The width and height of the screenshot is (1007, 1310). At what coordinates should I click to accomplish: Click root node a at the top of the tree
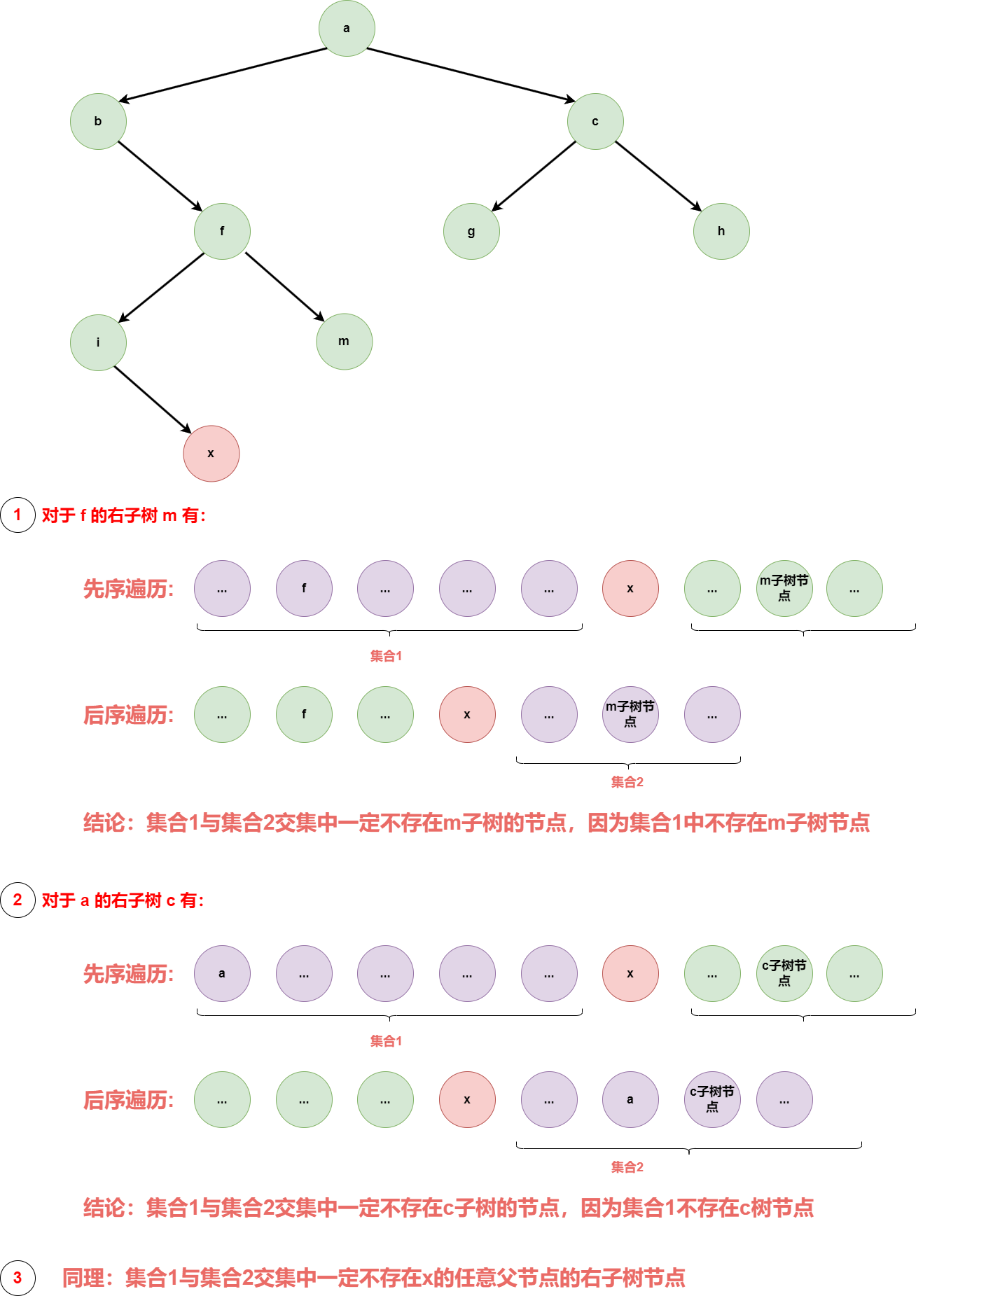pyautogui.click(x=347, y=29)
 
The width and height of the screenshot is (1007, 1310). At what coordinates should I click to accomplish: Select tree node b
pyautogui.click(x=98, y=121)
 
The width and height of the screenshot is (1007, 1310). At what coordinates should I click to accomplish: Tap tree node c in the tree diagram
pyautogui.click(x=595, y=121)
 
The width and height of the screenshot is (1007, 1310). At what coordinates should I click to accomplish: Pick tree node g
pyautogui.click(x=471, y=231)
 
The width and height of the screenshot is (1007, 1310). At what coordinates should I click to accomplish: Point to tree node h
pyautogui.click(x=721, y=231)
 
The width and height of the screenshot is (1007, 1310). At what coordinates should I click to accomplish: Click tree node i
pyautogui.click(x=98, y=342)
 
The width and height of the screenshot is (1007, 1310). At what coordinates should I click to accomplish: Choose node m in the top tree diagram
pyautogui.click(x=344, y=342)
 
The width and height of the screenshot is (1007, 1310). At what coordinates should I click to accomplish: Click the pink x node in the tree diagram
pyautogui.click(x=211, y=454)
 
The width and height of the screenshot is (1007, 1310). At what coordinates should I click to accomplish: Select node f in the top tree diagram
pyautogui.click(x=222, y=231)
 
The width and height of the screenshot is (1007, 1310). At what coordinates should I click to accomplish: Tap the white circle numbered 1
pyautogui.click(x=18, y=515)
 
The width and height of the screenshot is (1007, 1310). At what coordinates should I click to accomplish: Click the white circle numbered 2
pyautogui.click(x=18, y=900)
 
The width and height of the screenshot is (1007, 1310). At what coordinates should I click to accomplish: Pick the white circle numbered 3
pyautogui.click(x=18, y=1278)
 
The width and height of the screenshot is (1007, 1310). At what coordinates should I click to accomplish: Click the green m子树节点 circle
pyautogui.click(x=784, y=588)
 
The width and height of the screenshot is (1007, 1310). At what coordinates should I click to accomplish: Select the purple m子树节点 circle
pyautogui.click(x=630, y=714)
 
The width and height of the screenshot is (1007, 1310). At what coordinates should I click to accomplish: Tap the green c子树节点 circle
pyautogui.click(x=784, y=973)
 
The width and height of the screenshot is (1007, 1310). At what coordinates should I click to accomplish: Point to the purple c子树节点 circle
pyautogui.click(x=712, y=1099)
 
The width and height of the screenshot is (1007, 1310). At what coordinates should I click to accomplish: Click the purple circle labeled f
pyautogui.click(x=304, y=588)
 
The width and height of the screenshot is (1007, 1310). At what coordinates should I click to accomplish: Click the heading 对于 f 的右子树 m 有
pyautogui.click(x=124, y=516)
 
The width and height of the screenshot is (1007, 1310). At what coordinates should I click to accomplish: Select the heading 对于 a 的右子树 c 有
pyautogui.click(x=123, y=900)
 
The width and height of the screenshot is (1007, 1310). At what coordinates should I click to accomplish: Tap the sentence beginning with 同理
pyautogui.click(x=373, y=1278)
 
